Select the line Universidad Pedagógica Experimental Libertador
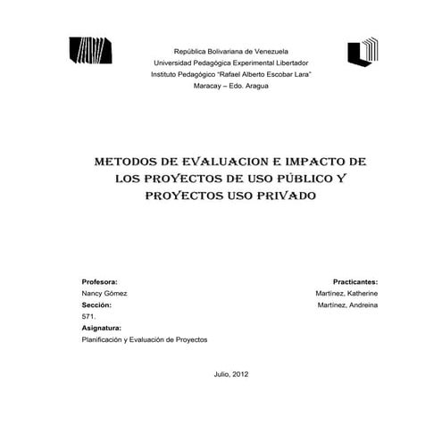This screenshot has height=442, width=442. tap(231, 63)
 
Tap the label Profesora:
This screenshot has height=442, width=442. tap(100, 280)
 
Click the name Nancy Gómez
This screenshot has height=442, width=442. tap(104, 293)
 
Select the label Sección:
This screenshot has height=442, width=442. tap(96, 304)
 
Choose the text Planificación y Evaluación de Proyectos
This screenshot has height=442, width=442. tap(144, 339)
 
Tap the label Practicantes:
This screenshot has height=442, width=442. tap(354, 280)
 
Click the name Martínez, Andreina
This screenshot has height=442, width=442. tap(346, 304)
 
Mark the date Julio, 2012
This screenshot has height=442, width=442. tap(231, 373)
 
